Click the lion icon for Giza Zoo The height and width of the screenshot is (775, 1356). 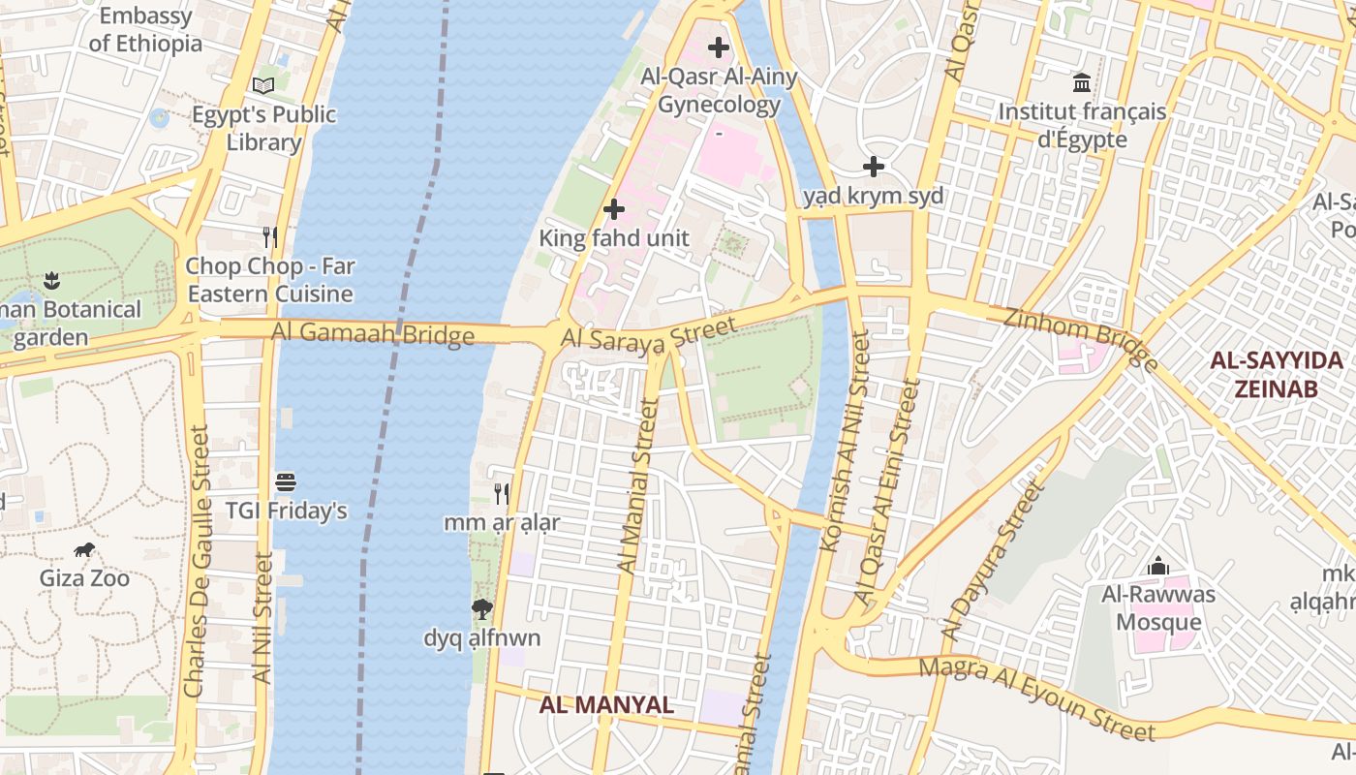click(x=84, y=550)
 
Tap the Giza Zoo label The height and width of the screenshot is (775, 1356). click(x=84, y=578)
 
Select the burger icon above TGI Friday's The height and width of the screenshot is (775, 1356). click(x=286, y=481)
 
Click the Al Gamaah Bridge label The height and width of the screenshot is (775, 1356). click(x=373, y=333)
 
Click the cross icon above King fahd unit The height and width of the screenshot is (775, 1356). click(x=613, y=209)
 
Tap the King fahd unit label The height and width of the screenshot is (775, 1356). click(x=613, y=238)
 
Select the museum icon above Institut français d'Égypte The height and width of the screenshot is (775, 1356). click(x=1082, y=83)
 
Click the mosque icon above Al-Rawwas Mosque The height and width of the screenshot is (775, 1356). click(x=1158, y=566)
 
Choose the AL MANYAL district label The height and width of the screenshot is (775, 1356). click(x=606, y=704)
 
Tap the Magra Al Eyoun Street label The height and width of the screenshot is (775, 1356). click(x=1036, y=697)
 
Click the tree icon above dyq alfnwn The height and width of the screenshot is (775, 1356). click(x=481, y=609)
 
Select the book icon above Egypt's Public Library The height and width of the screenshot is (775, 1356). click(x=263, y=85)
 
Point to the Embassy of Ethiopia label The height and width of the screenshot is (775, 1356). click(x=145, y=29)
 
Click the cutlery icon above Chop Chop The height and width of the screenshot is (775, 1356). click(x=270, y=236)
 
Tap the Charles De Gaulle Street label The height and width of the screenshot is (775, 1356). click(x=197, y=562)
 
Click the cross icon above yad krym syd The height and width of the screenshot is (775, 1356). click(x=874, y=168)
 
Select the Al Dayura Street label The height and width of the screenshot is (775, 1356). click(x=996, y=562)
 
